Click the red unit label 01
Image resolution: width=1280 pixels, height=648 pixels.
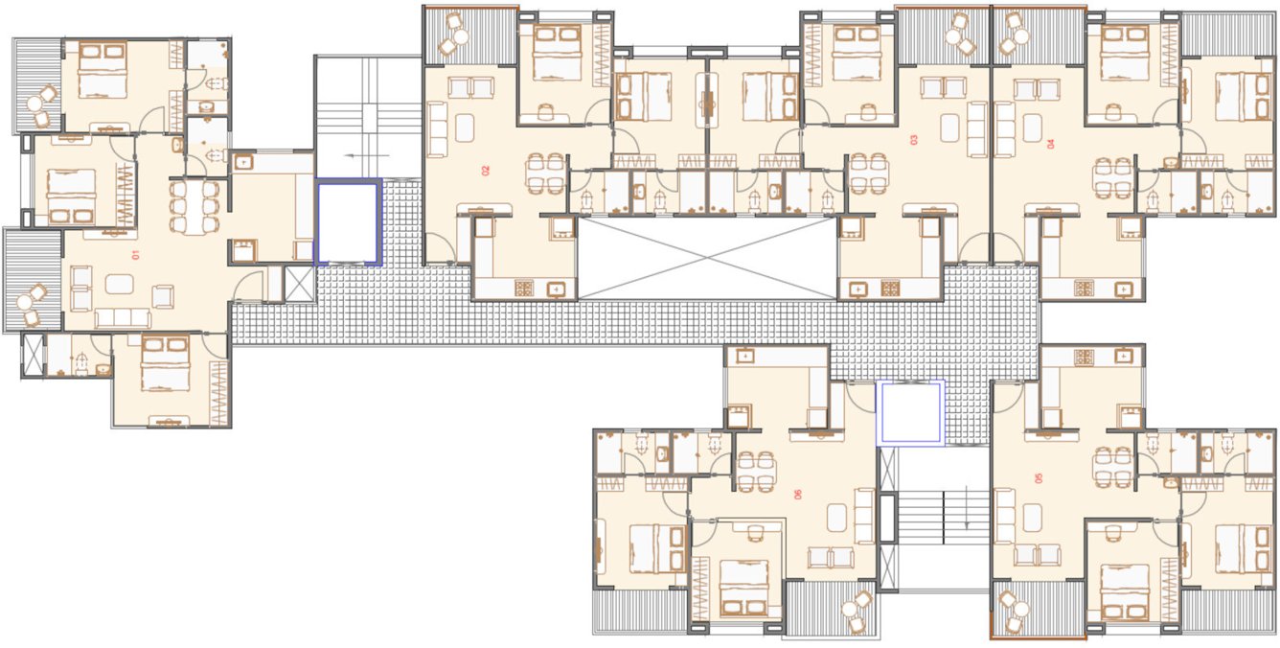pyautogui.click(x=135, y=255)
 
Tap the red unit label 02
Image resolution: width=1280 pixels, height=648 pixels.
pyautogui.click(x=485, y=171)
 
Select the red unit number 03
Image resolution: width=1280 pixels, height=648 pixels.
pyautogui.click(x=913, y=140)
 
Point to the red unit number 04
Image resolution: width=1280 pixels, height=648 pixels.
pyautogui.click(x=1050, y=144)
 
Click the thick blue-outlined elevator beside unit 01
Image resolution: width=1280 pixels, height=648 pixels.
pyautogui.click(x=349, y=222)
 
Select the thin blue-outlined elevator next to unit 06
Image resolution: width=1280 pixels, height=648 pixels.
pyautogui.click(x=911, y=412)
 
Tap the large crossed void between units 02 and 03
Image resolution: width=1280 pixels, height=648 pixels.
pyautogui.click(x=706, y=257)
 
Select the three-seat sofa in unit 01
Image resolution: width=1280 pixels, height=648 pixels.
pyautogui.click(x=122, y=318)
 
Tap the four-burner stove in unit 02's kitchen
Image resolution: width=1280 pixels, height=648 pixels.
pyautogui.click(x=525, y=287)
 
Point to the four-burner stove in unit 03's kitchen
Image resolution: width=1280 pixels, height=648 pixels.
pyautogui.click(x=890, y=287)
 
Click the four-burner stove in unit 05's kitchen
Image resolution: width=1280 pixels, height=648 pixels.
pyautogui.click(x=1084, y=357)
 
